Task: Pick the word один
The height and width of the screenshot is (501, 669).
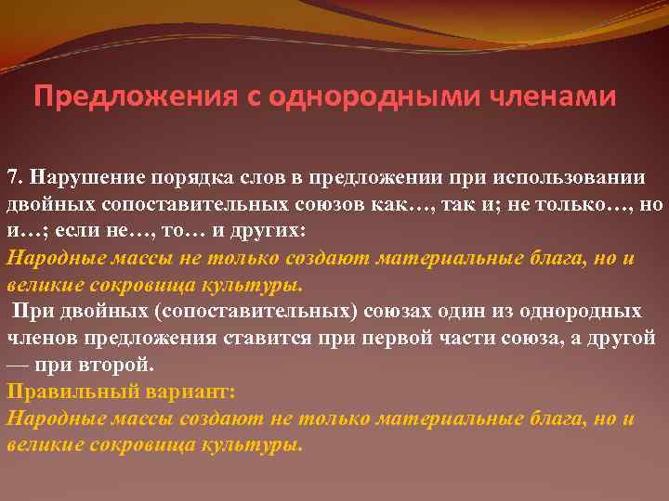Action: (457, 311)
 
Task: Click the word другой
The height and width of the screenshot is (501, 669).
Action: (622, 338)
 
